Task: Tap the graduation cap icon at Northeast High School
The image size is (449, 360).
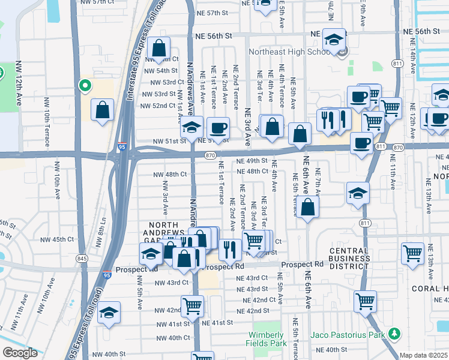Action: (x=334, y=40)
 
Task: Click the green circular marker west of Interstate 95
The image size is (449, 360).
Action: (x=85, y=86)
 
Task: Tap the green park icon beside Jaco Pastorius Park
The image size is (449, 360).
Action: (x=394, y=333)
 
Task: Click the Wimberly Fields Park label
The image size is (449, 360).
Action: (x=266, y=340)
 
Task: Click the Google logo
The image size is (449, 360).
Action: (x=20, y=353)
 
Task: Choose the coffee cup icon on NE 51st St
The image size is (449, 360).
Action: (x=218, y=128)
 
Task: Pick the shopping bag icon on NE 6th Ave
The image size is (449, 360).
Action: (x=308, y=208)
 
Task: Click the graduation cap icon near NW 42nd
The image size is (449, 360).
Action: (x=109, y=312)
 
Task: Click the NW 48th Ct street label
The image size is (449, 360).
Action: (x=170, y=175)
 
